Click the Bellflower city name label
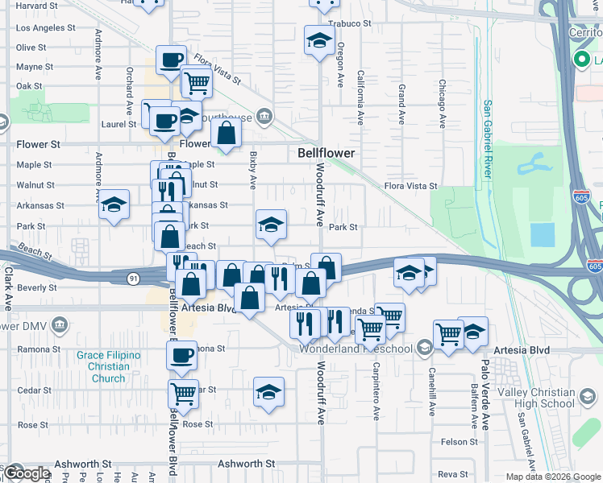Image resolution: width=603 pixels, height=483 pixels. click(326, 152)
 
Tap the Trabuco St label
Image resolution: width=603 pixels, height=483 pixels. click(349, 23)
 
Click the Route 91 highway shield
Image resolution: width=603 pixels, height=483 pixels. click(131, 278)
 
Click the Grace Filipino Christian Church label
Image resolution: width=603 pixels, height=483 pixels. click(108, 366)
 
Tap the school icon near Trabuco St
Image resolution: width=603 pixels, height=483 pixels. click(319, 40)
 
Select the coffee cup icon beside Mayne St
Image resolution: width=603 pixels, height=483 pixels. click(171, 60)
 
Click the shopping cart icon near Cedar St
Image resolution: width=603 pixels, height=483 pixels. click(183, 393)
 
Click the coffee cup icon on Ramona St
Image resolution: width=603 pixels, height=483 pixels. click(182, 353)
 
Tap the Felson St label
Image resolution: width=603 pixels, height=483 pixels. click(460, 442)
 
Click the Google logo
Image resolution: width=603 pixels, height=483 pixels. click(26, 473)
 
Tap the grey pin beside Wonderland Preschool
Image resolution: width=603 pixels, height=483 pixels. click(423, 349)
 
